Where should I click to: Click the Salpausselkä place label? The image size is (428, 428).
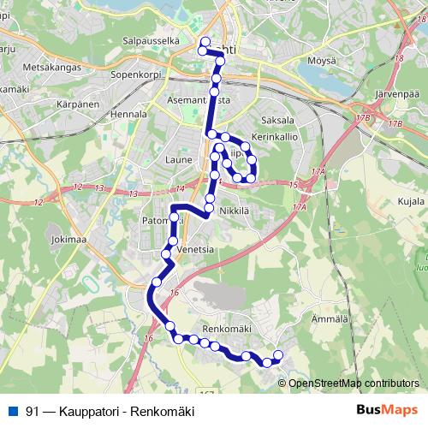(151, 40)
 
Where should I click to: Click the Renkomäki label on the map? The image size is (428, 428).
(226, 328)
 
